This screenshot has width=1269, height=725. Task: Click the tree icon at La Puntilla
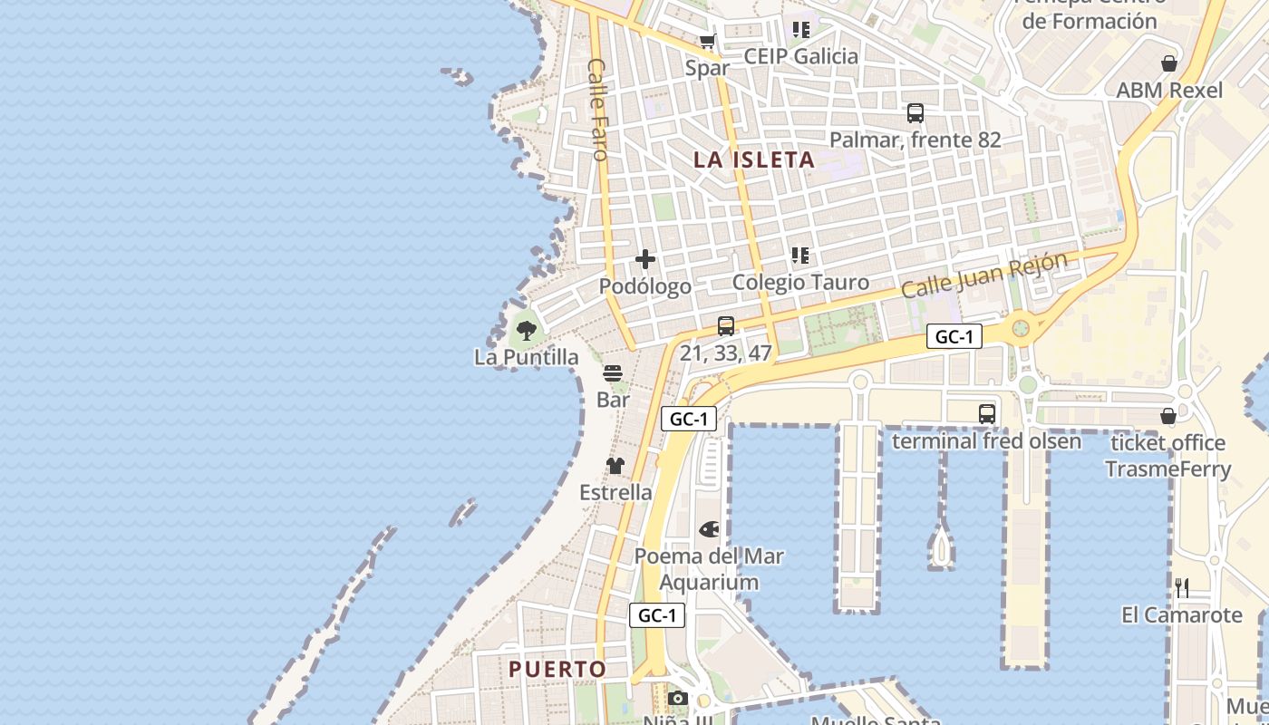[x=526, y=330]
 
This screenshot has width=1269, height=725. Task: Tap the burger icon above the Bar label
[x=613, y=373]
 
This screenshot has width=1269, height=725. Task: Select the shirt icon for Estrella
[x=615, y=466]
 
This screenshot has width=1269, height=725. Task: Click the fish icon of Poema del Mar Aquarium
[x=709, y=529]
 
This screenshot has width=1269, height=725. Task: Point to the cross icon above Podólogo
[x=645, y=260]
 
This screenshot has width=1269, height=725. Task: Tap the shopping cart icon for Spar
[x=708, y=41]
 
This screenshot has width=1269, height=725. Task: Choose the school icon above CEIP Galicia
[x=800, y=30]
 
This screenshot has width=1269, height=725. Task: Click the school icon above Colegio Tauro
[x=799, y=256]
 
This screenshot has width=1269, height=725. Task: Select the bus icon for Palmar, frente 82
[x=915, y=113]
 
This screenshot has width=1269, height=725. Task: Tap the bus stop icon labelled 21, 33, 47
[x=725, y=326]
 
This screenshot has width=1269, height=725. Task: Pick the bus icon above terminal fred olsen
[x=987, y=414]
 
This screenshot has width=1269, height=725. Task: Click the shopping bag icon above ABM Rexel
[x=1169, y=63]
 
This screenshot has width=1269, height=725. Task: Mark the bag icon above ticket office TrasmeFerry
[x=1168, y=416]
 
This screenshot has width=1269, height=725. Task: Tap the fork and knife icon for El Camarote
[x=1182, y=588]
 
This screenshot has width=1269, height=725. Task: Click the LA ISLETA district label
[x=754, y=160]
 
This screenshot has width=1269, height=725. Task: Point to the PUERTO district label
[x=557, y=670]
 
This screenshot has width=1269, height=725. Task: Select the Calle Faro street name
[x=597, y=109]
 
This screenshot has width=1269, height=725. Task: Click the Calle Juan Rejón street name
[x=983, y=275]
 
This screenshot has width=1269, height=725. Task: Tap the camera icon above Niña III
[x=677, y=698]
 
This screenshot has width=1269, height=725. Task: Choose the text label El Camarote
[x=1182, y=615]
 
